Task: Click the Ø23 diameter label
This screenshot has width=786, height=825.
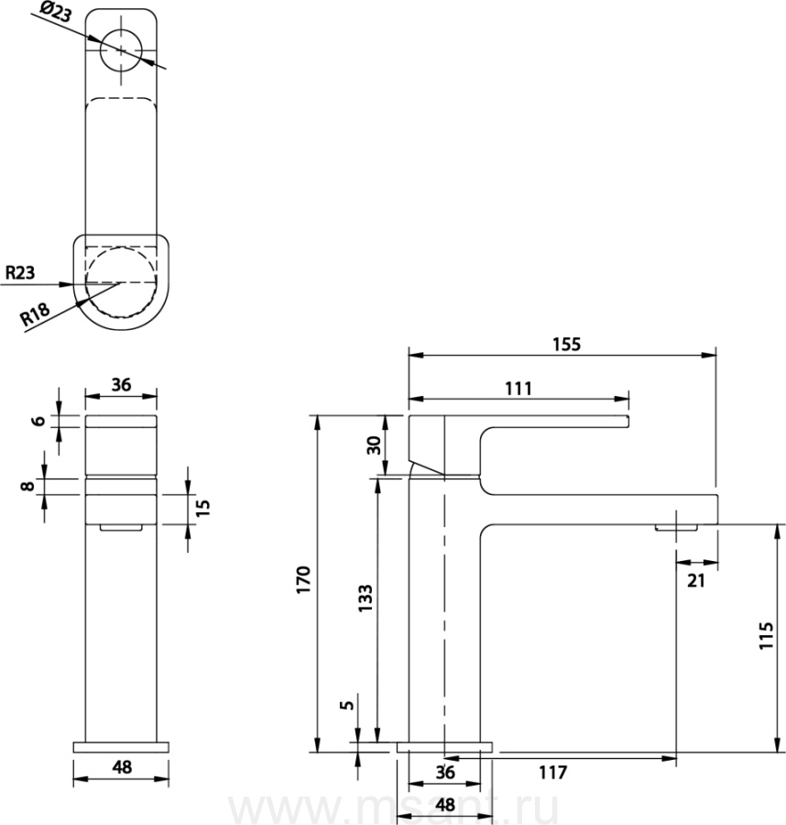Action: pyautogui.click(x=55, y=12)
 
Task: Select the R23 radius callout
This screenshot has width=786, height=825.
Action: pyautogui.click(x=20, y=272)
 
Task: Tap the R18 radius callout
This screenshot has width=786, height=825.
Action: pyautogui.click(x=35, y=314)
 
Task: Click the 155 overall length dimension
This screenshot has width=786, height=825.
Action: pyautogui.click(x=566, y=344)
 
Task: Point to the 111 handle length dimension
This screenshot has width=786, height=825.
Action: pyautogui.click(x=519, y=389)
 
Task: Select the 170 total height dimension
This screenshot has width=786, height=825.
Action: pyautogui.click(x=304, y=580)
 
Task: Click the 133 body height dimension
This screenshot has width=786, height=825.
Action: pyautogui.click(x=365, y=597)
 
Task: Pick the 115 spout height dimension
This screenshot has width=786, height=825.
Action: pyautogui.click(x=766, y=635)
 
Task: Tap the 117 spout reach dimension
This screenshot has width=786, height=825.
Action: pyautogui.click(x=552, y=773)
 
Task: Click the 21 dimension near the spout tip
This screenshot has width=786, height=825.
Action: pyautogui.click(x=695, y=580)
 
